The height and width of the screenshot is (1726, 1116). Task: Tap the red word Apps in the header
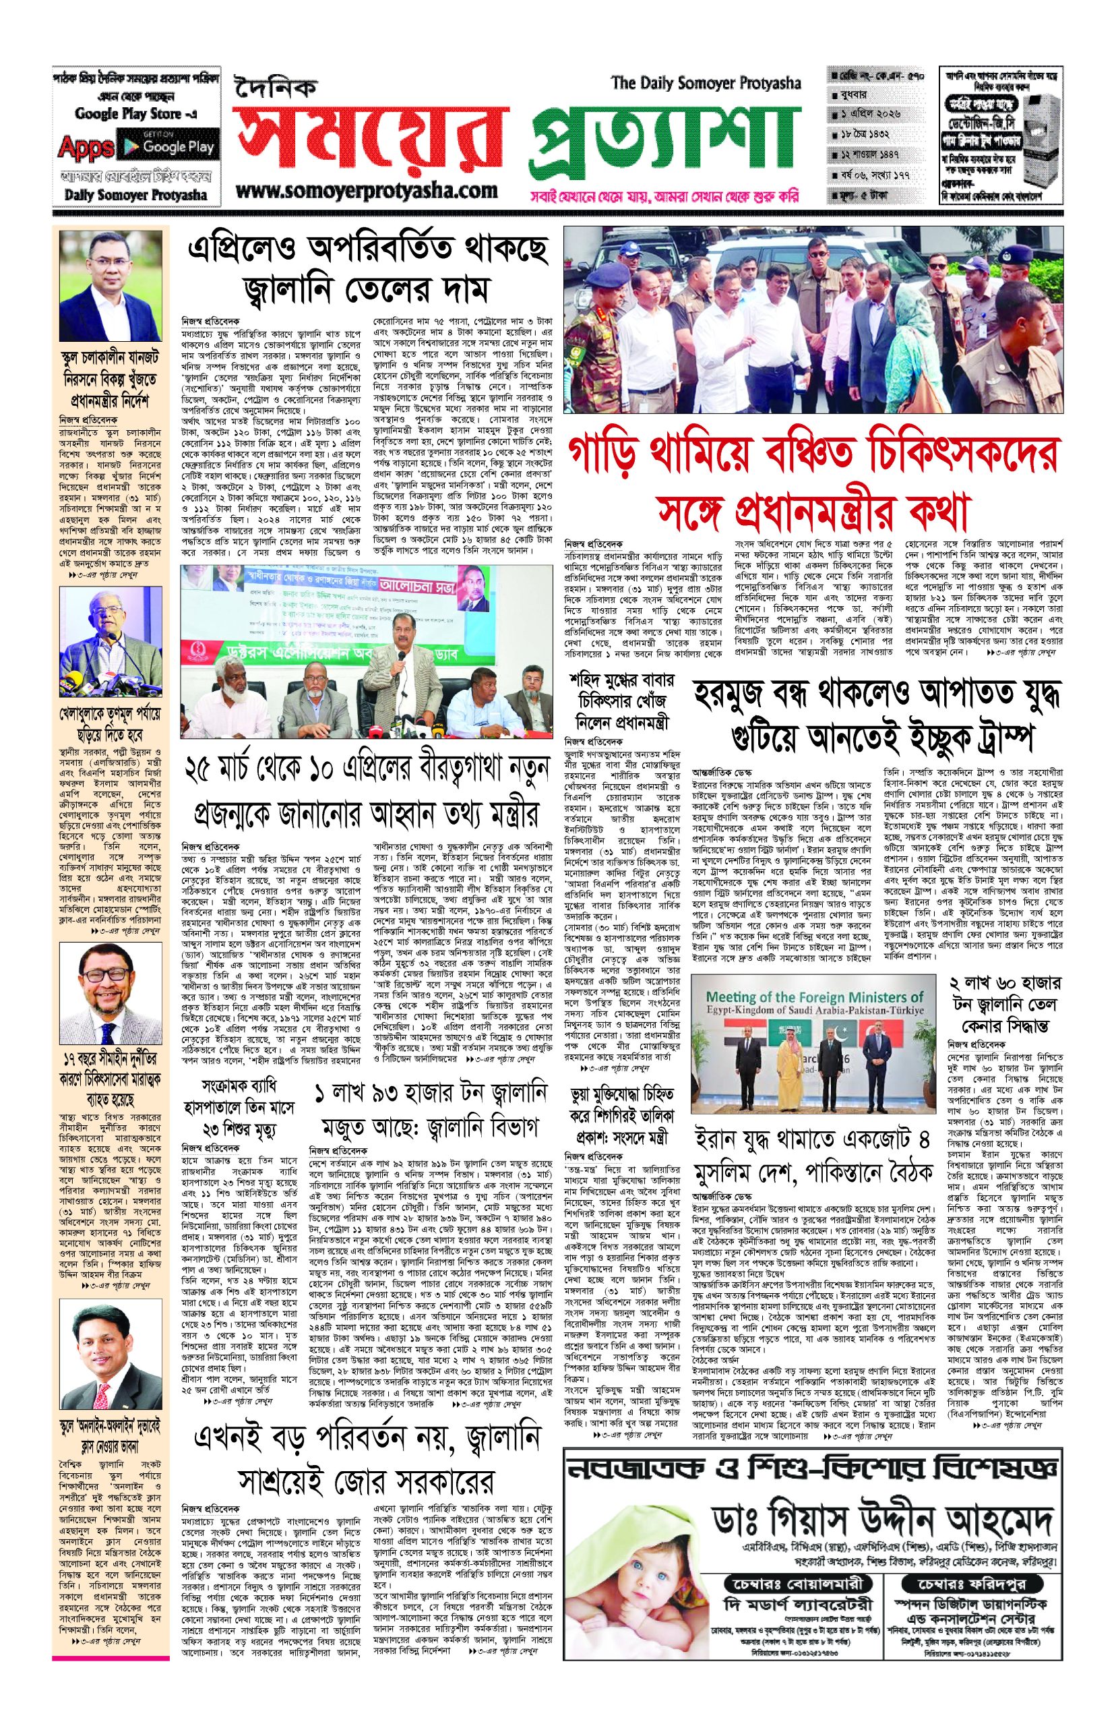point(86,148)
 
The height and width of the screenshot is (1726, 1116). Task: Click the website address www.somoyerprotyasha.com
point(366,191)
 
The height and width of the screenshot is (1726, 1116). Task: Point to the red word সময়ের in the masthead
point(369,142)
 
